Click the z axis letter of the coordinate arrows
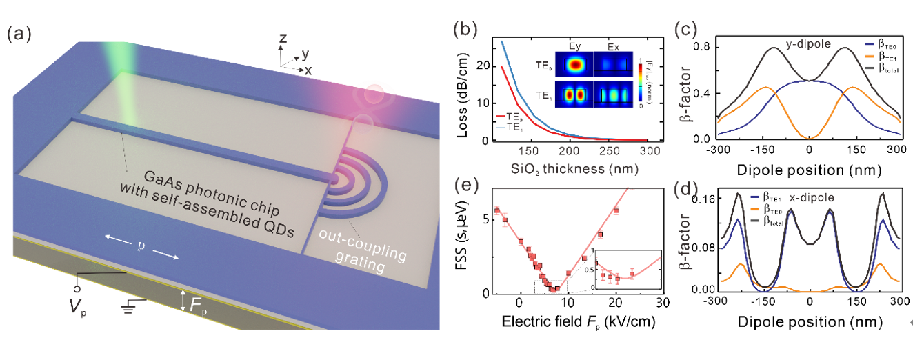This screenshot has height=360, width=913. [x=283, y=39]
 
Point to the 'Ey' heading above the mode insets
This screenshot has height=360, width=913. [x=574, y=47]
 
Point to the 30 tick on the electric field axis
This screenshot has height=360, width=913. [x=663, y=303]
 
